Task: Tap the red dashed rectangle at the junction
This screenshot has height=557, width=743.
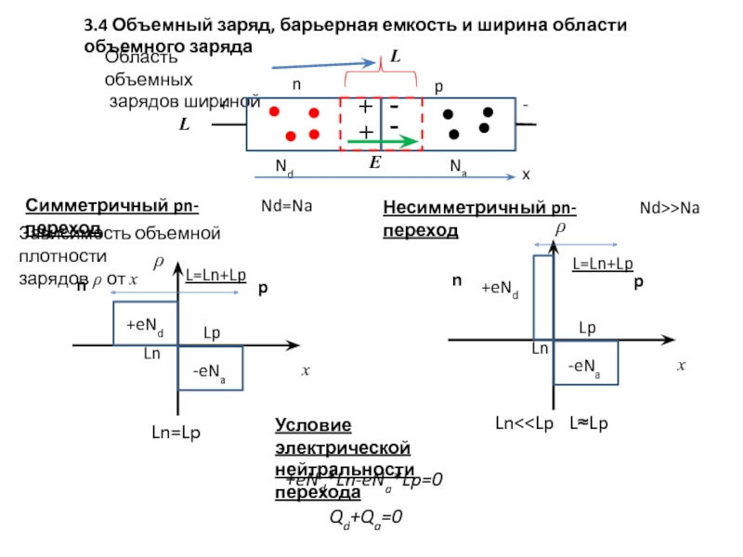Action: click(x=382, y=123)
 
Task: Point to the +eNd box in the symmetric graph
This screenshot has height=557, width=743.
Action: click(x=145, y=323)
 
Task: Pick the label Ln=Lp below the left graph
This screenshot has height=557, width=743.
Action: click(x=176, y=432)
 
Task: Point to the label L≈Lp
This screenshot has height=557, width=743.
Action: click(x=589, y=423)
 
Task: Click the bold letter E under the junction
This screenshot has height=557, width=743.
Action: click(x=375, y=162)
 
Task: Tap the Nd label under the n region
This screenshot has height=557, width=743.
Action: click(x=284, y=167)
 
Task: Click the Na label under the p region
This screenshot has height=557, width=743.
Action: click(x=458, y=167)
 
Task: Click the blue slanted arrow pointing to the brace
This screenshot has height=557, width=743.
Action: click(x=310, y=64)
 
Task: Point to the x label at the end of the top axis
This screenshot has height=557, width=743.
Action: click(x=526, y=175)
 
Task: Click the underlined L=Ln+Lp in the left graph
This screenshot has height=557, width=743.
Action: click(x=216, y=275)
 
